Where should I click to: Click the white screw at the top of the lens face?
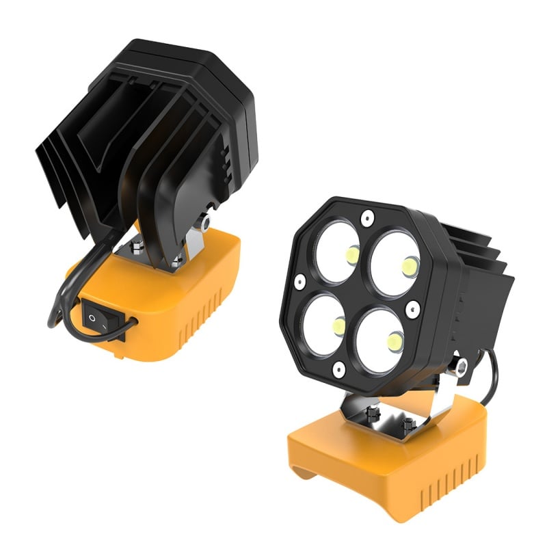click(x=368, y=218)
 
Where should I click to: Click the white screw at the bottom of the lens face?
click(x=337, y=370)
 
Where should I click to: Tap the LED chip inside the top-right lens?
click(x=410, y=266)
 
